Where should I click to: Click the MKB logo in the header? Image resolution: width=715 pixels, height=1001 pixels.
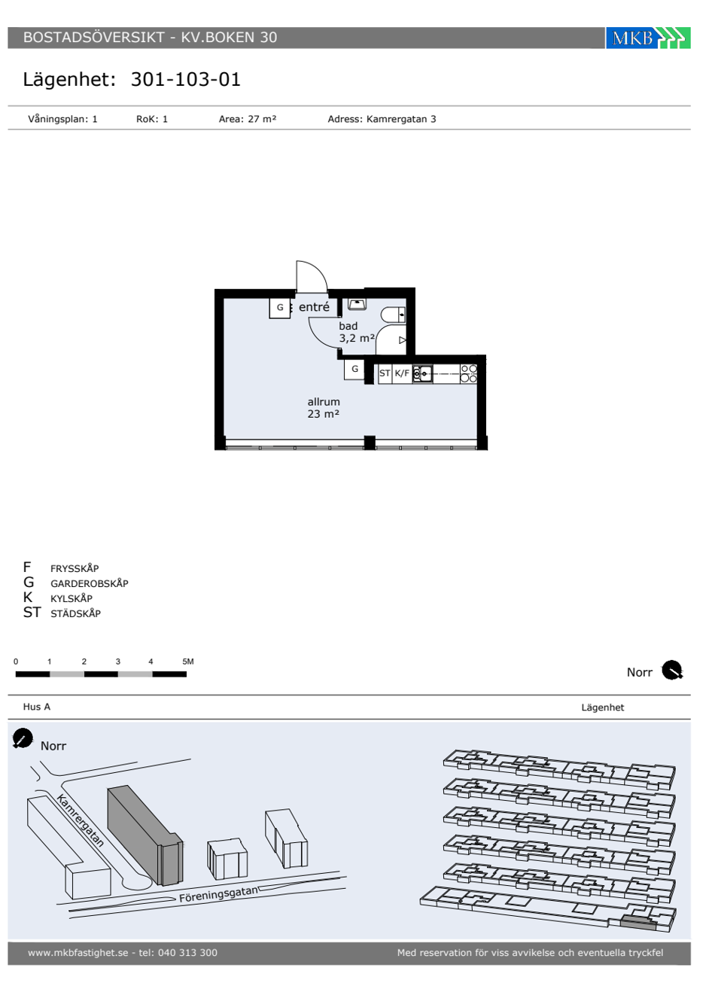point(647,38)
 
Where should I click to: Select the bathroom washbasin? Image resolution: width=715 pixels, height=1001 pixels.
point(357,305)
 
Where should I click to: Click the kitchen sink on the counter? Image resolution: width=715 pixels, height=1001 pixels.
point(422,373)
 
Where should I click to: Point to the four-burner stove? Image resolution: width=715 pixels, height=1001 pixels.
point(468,373)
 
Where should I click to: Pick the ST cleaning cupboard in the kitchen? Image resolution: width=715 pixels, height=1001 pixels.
point(385,373)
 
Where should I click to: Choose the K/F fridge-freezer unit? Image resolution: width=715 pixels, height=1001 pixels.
point(402,373)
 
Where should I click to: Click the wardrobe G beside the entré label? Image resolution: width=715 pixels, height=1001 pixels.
point(280,308)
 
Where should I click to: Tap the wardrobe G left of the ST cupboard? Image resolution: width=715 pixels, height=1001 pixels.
point(354,370)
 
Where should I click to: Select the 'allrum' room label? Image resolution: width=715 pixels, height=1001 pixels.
point(324,402)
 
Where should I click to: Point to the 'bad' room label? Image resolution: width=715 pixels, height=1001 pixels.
point(348,326)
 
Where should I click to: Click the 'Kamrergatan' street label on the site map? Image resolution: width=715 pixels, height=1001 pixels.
point(81,820)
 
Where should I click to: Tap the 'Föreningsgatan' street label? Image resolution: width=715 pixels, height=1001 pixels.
point(218,894)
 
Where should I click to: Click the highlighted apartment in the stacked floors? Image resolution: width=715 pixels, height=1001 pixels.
point(638,917)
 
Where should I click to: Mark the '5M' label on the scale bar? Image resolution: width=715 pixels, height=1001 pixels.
point(187,662)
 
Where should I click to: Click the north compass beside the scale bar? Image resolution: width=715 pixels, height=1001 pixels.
point(671,670)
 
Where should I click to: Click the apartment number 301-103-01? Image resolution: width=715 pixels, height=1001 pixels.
point(186,80)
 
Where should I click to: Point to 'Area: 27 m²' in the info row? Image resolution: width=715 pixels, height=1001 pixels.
point(248,119)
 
